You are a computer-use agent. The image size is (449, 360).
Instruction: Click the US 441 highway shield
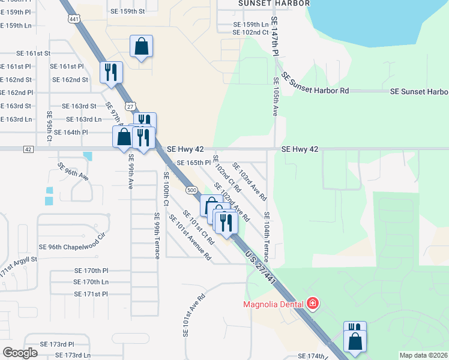[72, 20]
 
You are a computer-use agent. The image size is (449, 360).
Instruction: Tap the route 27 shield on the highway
[130, 106]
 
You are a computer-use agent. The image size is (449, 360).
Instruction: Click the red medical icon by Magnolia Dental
[312, 304]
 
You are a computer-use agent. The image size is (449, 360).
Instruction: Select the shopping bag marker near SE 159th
[141, 46]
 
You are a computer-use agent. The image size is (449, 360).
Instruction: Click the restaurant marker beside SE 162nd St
[111, 73]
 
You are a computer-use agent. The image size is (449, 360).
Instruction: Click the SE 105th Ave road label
[276, 96]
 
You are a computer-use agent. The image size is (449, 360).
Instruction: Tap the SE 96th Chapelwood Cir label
[71, 247]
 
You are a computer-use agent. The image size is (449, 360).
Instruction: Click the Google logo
[20, 353]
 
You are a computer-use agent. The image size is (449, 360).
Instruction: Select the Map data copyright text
[423, 355]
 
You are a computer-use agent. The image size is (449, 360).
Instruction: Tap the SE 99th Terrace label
[157, 235]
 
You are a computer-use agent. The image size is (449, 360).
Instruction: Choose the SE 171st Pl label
[91, 294]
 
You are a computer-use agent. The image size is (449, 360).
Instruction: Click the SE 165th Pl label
[193, 163]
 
